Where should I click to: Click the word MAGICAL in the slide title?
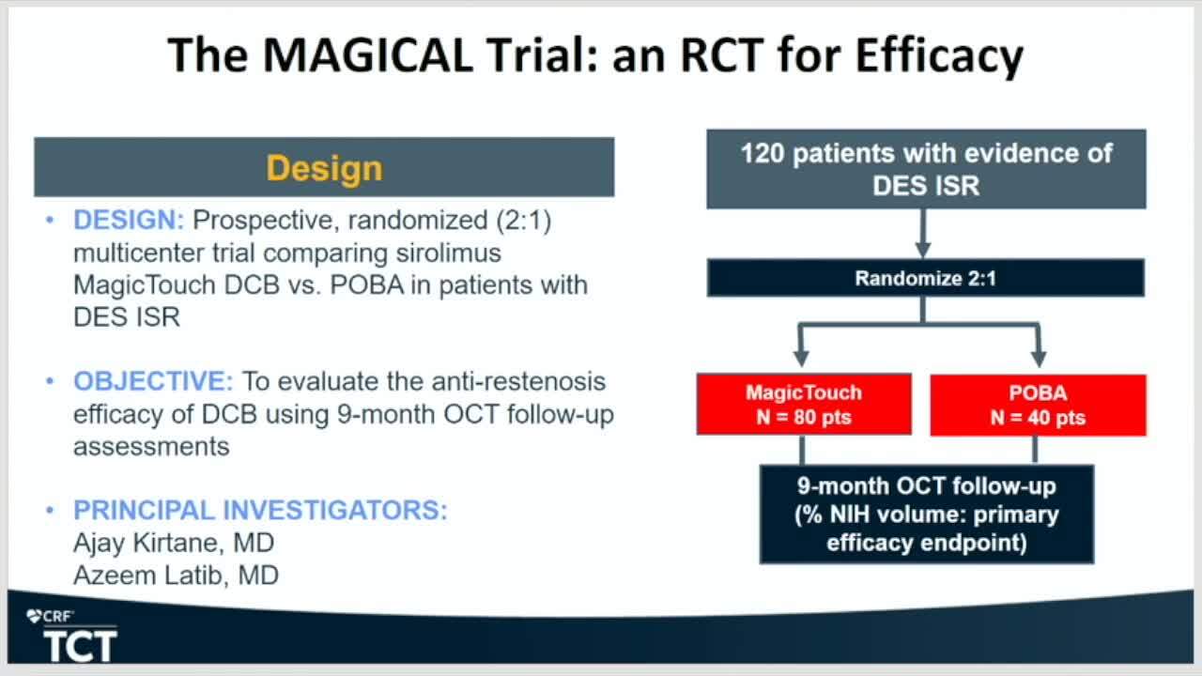367,54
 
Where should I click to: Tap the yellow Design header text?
325,169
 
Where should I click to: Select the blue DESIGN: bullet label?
129,220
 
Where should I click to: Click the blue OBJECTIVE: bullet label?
153,381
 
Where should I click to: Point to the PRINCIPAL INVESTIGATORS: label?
260,510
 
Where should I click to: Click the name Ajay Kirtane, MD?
174,543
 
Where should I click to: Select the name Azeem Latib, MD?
176,576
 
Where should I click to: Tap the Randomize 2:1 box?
926,278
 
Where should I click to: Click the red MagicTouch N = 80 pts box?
804,405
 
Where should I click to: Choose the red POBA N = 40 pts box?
1038,405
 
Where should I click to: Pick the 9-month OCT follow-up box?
927,514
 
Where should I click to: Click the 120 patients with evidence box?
926,169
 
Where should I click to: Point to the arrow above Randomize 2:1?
923,234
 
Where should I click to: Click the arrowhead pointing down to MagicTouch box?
801,359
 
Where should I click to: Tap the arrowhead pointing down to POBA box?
1039,359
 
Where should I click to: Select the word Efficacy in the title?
940,56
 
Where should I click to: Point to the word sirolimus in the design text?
449,253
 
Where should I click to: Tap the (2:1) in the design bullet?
524,221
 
